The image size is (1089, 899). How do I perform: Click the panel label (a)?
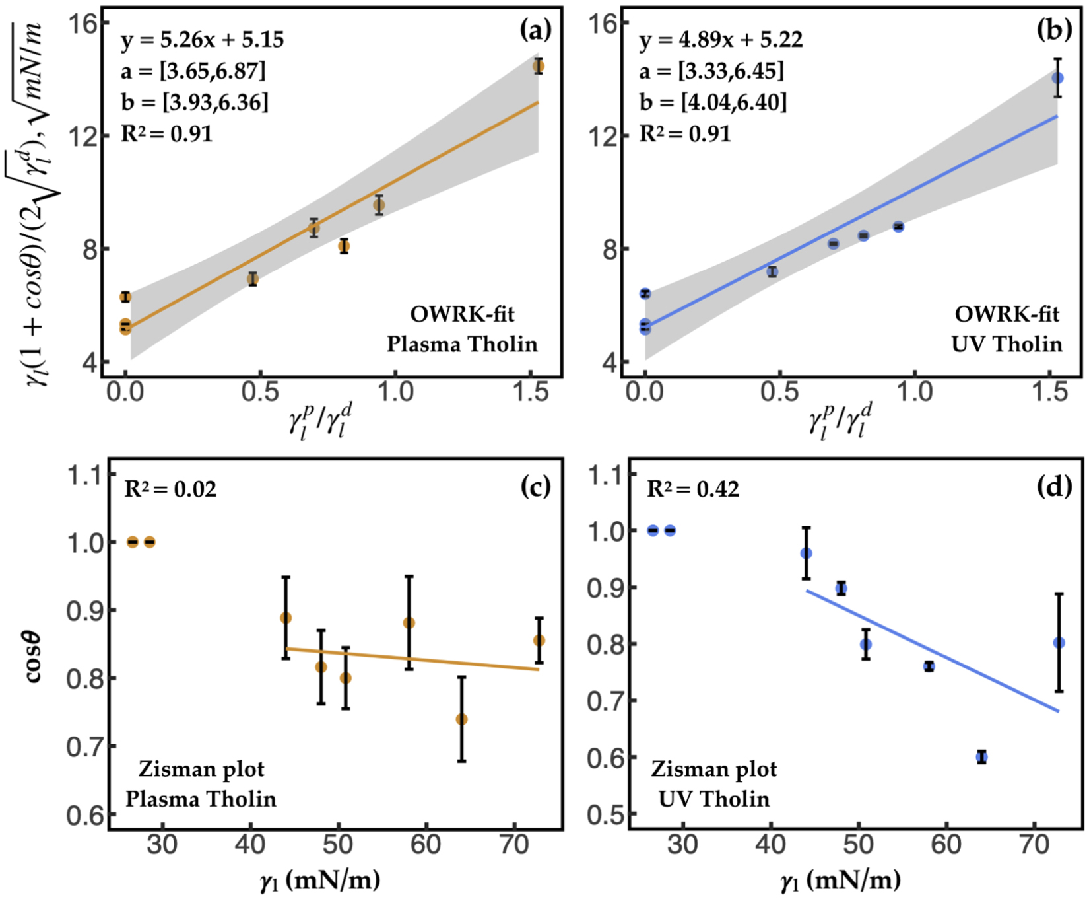(x=535, y=30)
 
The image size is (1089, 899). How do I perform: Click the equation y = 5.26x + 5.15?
(x=202, y=40)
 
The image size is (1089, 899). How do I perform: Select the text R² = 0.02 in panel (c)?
(x=170, y=489)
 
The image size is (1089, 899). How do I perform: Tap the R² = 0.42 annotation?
(x=693, y=489)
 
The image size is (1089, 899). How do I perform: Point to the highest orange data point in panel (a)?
(x=539, y=66)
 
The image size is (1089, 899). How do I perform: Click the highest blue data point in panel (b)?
(x=1057, y=78)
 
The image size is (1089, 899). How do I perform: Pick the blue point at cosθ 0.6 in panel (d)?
(x=982, y=757)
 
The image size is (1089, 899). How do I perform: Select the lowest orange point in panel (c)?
(x=462, y=719)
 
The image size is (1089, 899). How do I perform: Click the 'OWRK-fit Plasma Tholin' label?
(x=462, y=329)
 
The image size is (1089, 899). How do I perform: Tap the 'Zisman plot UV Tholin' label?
(x=714, y=784)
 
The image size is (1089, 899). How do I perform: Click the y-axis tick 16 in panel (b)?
(x=602, y=24)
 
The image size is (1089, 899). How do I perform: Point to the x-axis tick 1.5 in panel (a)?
(x=531, y=392)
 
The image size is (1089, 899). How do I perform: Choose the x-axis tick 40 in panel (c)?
(x=250, y=844)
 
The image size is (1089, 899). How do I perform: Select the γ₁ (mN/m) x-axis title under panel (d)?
(x=840, y=881)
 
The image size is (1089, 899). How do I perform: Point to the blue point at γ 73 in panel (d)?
(x=1059, y=643)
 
